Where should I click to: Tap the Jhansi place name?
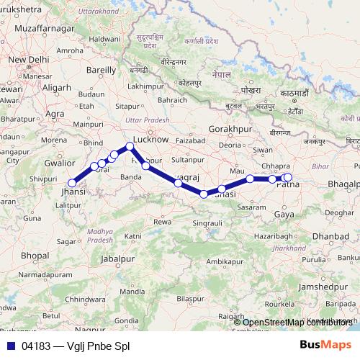point(73,193)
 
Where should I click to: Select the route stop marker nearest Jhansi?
point(72,183)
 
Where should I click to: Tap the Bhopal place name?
point(35,256)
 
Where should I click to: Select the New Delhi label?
point(29,58)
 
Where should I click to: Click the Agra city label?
point(55,113)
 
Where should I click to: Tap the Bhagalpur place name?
point(343,184)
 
